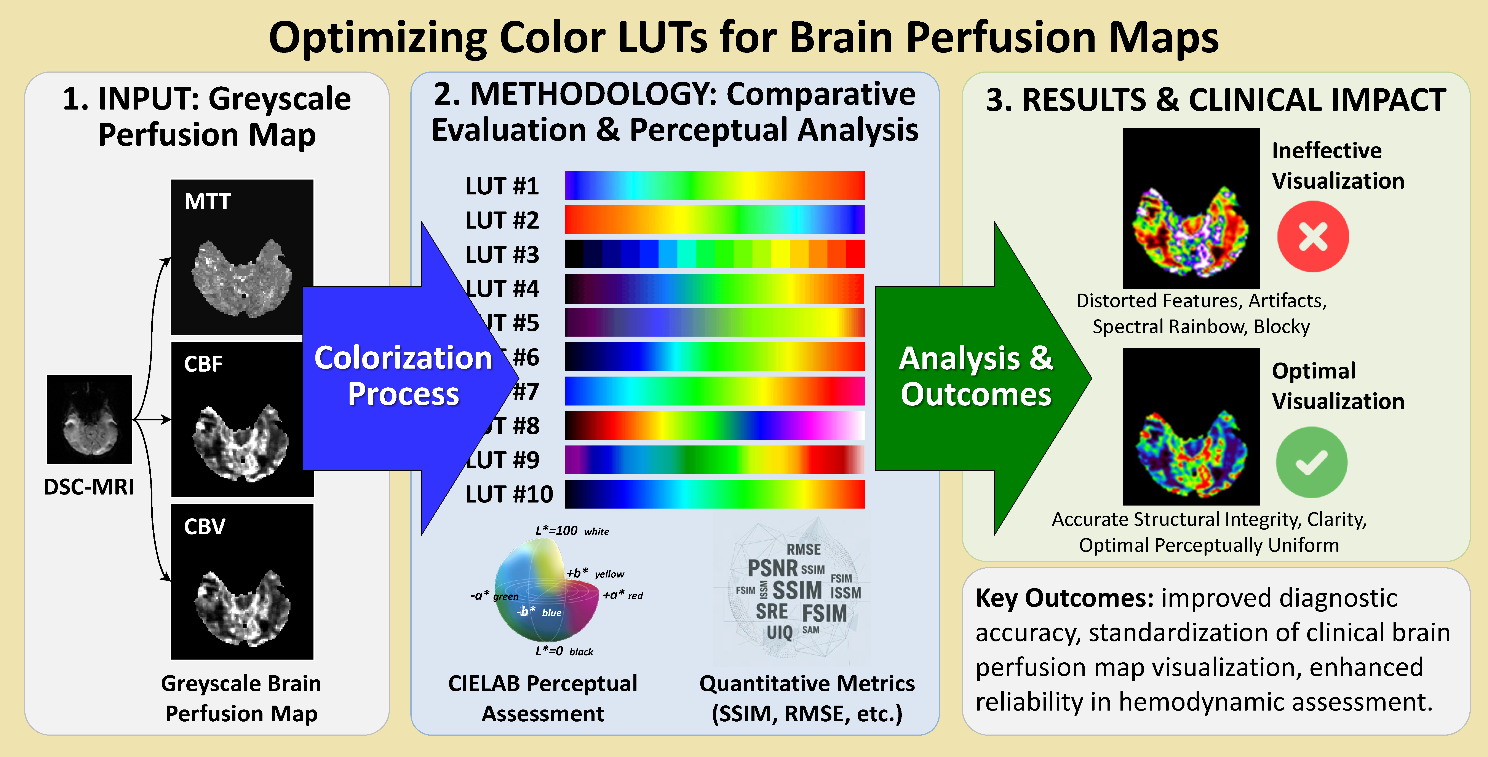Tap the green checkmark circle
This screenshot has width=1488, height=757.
(x=1311, y=462)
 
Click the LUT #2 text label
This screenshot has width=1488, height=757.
(x=502, y=220)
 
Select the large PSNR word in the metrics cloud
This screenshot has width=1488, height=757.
(x=772, y=568)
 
